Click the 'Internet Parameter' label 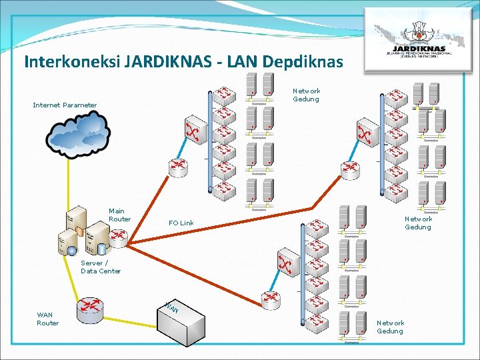65,105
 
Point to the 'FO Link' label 181,223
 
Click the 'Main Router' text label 119,215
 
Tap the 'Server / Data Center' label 101,267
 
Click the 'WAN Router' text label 47,319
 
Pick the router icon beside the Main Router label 119,236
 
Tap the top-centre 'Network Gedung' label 307,95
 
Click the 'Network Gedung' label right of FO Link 418,223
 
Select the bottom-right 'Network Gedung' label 390,327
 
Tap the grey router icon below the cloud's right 179,167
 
